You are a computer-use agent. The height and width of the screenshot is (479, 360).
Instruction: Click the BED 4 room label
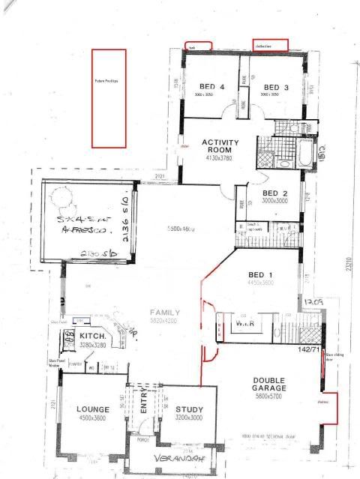211,87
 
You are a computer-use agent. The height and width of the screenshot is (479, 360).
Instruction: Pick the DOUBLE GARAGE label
274,385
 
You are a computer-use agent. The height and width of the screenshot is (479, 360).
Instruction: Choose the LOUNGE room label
93,409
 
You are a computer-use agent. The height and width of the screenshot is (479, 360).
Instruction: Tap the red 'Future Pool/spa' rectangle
108,97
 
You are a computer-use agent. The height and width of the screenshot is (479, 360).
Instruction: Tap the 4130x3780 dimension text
220,158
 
